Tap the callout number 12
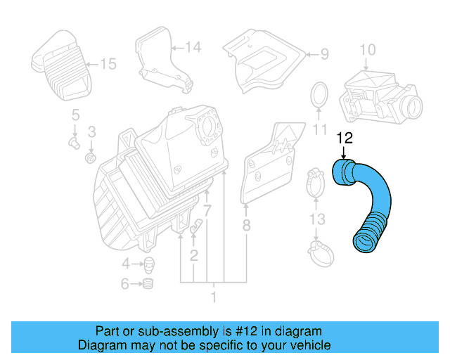(x=344, y=138)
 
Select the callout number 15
(x=107, y=65)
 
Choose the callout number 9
(x=324, y=53)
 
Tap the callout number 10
(x=368, y=49)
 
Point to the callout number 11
(x=320, y=129)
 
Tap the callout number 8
(x=246, y=226)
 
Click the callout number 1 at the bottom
(x=213, y=297)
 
